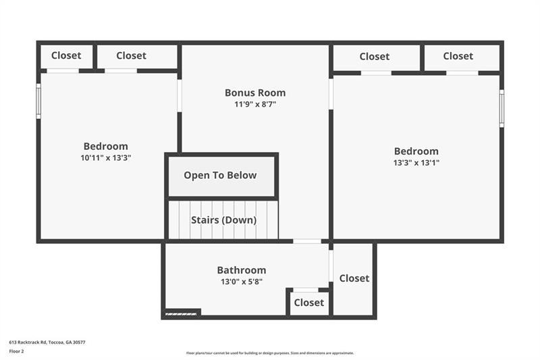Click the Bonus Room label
point(255,93)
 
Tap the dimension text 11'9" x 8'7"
point(255,104)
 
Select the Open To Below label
point(220,175)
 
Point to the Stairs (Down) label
point(223,220)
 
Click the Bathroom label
point(241,270)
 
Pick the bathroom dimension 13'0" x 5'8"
point(241,281)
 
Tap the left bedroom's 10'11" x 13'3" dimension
point(105,157)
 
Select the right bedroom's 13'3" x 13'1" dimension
point(416,162)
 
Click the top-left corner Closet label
point(66,55)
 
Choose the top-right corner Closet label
point(458,56)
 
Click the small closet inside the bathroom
point(308,303)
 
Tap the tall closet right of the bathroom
point(354,278)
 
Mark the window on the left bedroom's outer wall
point(38,101)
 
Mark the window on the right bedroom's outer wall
point(502,108)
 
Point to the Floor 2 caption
point(16,351)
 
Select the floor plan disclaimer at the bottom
point(270,353)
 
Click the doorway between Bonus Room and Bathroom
point(306,241)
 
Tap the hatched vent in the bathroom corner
point(181,313)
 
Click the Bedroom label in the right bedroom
point(416,151)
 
